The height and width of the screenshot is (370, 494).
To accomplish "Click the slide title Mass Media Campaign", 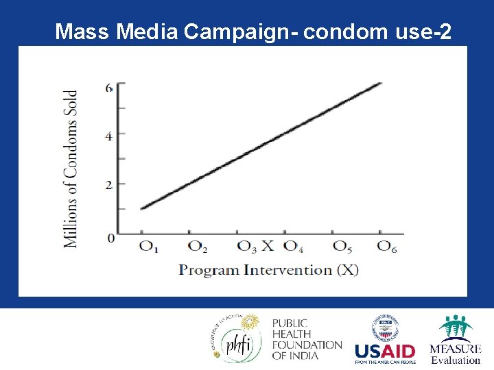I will click(x=253, y=32).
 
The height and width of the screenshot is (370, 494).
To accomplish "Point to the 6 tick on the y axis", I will click(x=109, y=87).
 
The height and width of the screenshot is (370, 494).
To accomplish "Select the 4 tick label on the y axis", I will click(x=109, y=136).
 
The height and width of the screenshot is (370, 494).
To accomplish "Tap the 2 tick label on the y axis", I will click(x=109, y=184).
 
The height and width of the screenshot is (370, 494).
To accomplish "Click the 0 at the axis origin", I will click(x=110, y=238).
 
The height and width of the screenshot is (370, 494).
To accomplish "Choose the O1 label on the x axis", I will click(x=149, y=246).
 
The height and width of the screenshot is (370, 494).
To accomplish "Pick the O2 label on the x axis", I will click(x=198, y=246).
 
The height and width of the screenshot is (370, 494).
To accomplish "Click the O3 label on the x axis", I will click(x=246, y=246).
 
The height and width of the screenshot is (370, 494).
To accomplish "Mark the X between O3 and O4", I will click(x=268, y=245).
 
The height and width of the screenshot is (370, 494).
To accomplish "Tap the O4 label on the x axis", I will click(x=294, y=246).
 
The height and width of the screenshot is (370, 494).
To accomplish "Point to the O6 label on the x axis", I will click(x=388, y=246).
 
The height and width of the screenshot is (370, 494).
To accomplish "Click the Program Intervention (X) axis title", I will click(x=268, y=269).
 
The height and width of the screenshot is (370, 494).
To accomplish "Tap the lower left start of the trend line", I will click(x=141, y=208).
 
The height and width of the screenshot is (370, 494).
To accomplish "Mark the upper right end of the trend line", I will click(x=381, y=84).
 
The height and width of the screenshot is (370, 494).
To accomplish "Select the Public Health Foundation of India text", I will click(x=306, y=338).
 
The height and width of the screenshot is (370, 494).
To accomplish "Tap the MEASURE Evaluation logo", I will click(x=455, y=340).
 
